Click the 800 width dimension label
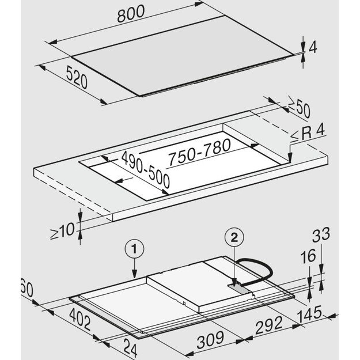pos(131,14)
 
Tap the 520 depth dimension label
pos(77,77)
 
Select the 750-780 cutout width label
pos(199,151)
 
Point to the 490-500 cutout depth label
pos(145,169)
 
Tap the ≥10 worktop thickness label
pos(63,231)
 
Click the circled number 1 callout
pos(135,249)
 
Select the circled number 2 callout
pos(234,238)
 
